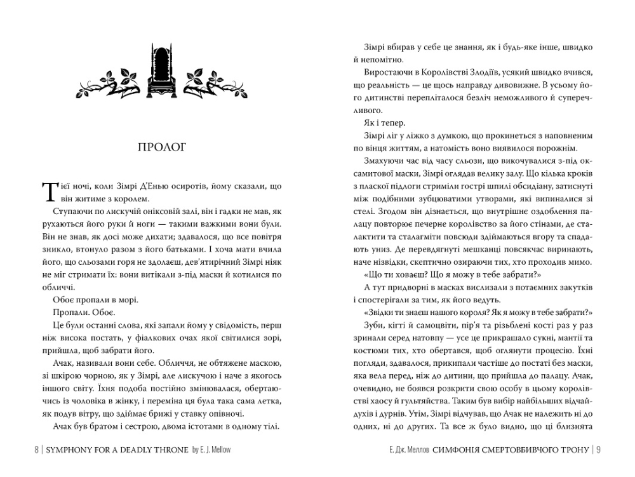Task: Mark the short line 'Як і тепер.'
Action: tap(380, 123)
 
